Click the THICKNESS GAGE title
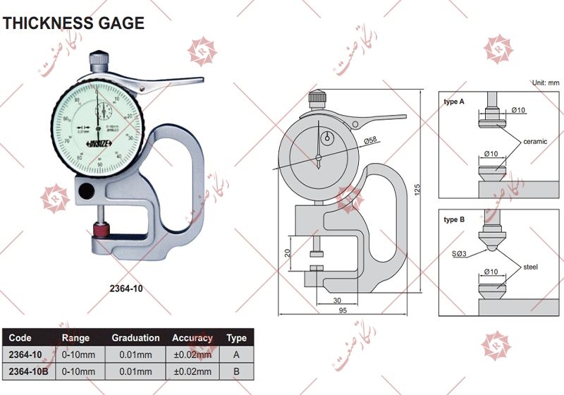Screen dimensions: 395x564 [x=73, y=23]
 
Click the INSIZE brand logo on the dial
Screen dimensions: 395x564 [x=98, y=145]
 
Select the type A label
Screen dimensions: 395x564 [x=454, y=102]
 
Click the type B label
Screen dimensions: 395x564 [x=454, y=220]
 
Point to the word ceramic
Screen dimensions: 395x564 [x=534, y=142]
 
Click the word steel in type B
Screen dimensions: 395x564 [x=531, y=267]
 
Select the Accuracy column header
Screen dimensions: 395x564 [x=192, y=338]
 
